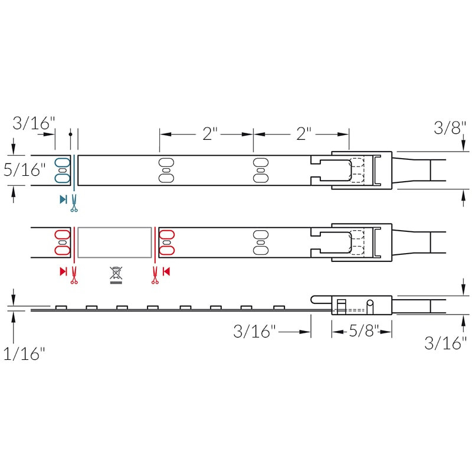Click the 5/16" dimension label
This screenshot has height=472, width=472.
24,170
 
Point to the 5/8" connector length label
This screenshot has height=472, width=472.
362,332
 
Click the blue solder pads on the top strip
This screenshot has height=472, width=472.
63,170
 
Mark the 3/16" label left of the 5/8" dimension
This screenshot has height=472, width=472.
254,332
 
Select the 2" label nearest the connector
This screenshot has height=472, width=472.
303,134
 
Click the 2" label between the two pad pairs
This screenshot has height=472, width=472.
210,134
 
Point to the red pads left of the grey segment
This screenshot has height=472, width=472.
63,242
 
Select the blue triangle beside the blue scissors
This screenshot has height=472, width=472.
63,199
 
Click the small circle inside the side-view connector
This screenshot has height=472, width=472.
370,303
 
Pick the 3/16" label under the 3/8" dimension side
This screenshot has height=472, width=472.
445,343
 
